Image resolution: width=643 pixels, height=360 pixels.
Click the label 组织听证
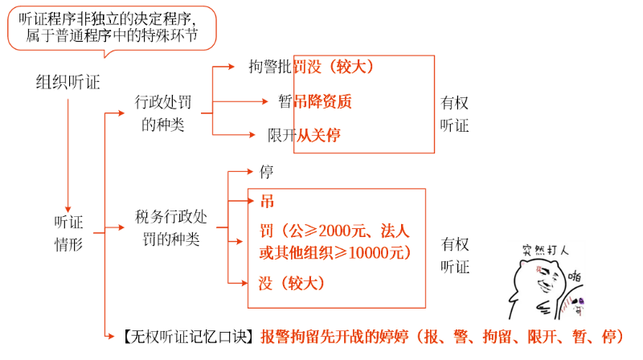click(68, 82)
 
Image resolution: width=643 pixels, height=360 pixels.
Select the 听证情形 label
click(68, 233)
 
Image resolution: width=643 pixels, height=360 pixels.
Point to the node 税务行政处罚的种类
click(170, 228)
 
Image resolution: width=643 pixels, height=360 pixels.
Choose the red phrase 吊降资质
click(322, 102)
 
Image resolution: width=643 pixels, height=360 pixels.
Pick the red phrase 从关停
click(318, 136)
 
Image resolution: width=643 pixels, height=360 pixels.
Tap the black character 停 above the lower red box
click(267, 172)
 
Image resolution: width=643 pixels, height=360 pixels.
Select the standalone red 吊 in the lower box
click(267, 201)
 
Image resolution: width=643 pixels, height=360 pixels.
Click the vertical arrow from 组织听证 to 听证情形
click(68, 153)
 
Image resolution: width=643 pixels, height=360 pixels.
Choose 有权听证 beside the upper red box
click(455, 114)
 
